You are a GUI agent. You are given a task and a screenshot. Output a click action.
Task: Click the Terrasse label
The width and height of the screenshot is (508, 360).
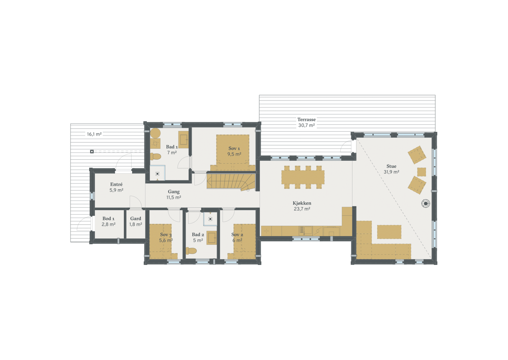306,120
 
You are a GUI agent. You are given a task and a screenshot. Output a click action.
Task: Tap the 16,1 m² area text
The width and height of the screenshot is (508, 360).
94,134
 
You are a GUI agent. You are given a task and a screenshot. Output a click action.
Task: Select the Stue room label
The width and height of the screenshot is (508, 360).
391,166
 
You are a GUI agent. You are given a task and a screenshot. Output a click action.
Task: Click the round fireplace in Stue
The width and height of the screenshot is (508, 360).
425,203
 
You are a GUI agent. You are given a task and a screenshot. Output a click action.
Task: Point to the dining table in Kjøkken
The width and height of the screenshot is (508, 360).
303,177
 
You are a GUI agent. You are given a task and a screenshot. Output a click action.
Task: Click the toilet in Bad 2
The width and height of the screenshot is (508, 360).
191,251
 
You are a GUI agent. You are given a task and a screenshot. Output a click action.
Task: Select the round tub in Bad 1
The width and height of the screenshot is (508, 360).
155,133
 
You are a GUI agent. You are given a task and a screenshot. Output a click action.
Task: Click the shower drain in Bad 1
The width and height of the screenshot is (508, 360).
157,174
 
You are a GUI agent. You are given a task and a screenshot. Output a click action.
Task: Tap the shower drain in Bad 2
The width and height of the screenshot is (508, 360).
210,219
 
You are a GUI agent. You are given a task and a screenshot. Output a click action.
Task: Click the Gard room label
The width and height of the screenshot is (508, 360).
136,219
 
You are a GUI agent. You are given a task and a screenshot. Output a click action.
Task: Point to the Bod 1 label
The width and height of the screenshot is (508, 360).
108,219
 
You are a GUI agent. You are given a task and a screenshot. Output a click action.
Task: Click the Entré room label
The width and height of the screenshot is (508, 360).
116,184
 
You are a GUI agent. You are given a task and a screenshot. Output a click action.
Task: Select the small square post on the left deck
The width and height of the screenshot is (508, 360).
92,152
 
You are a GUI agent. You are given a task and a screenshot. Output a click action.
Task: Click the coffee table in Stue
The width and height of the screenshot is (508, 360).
389,232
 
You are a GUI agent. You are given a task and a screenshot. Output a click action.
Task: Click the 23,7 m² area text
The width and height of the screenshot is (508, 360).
302,209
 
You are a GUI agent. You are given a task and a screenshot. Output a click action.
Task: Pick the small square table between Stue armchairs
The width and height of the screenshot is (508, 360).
421,172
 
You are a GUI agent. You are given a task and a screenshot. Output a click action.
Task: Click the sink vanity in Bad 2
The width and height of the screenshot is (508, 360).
212,238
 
